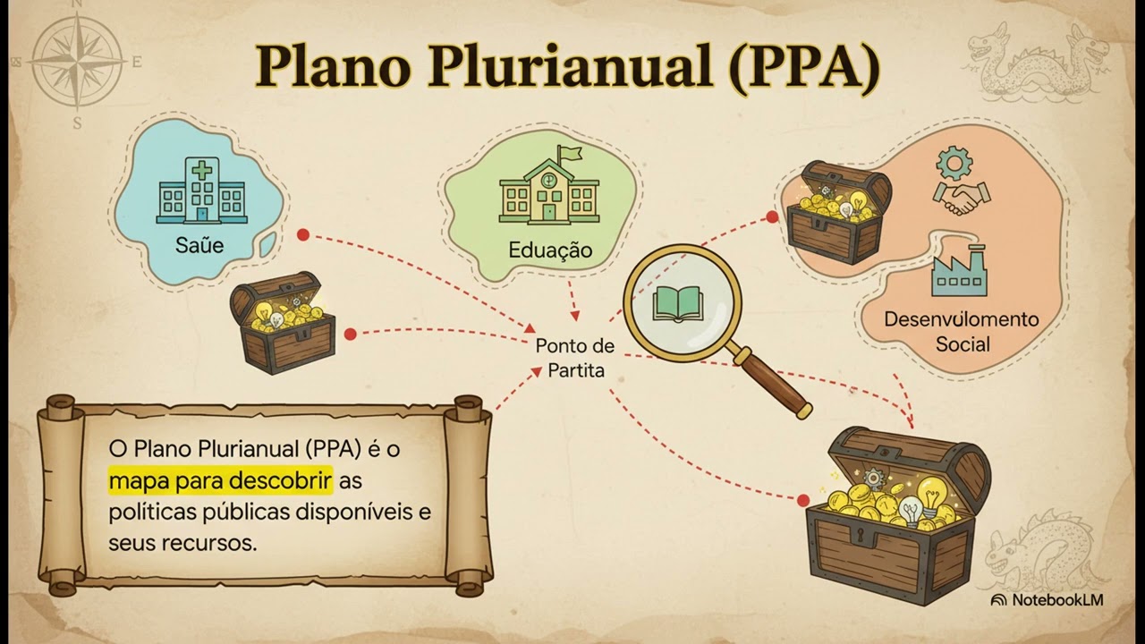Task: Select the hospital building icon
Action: point(202,191)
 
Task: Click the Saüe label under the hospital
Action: point(199,245)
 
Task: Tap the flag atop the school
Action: point(571,153)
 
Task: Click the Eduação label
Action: point(550,250)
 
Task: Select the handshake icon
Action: point(961,199)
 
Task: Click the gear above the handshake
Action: point(954,163)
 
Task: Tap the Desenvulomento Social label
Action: point(962,332)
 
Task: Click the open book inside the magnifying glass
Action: point(678,304)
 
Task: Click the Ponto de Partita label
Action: point(575,358)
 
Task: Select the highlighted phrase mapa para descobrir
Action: point(220,480)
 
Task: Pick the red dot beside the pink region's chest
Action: point(772,217)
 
